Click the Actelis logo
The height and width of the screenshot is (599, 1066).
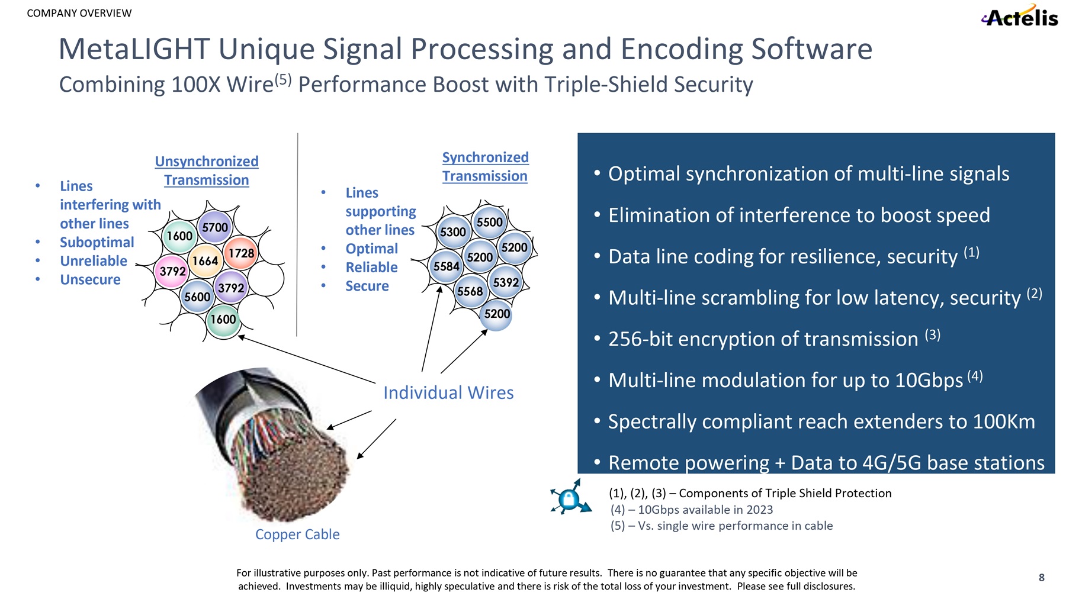[x=1020, y=17]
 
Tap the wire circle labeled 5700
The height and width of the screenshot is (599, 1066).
[x=215, y=228]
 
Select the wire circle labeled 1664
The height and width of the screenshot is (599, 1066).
[x=205, y=261]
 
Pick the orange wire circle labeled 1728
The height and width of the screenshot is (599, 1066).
[x=242, y=253]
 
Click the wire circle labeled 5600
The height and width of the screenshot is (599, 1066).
[x=197, y=297]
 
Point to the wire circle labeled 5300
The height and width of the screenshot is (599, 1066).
[x=453, y=232]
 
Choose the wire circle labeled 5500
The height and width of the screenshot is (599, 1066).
[x=490, y=223]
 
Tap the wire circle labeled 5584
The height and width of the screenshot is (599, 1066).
[x=447, y=266]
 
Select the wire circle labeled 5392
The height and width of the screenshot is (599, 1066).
[x=506, y=283]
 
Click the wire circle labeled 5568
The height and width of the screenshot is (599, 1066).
[x=470, y=291]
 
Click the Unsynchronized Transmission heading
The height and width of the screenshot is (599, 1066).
[x=207, y=170]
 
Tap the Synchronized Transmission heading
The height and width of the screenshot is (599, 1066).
[x=485, y=166]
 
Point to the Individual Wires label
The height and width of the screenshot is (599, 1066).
[x=448, y=392]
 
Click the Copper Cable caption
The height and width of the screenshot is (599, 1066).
[x=297, y=534]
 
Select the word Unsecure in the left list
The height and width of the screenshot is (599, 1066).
[x=90, y=279]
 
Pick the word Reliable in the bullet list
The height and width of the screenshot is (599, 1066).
[x=371, y=267]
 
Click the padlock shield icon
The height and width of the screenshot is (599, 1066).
[x=570, y=498]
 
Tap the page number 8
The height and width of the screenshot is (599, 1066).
[x=1042, y=578]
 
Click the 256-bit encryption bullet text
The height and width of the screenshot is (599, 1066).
[x=763, y=339]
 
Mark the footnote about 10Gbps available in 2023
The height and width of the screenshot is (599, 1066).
[x=692, y=510]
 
